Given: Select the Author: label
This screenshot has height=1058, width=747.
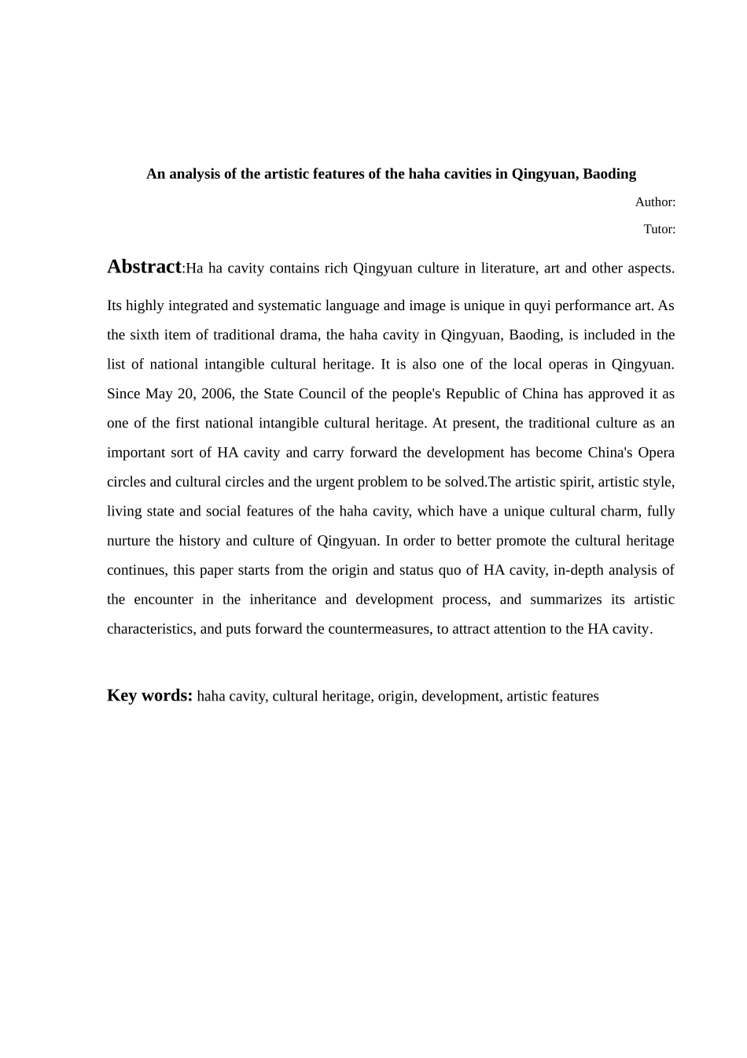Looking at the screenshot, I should [x=655, y=202].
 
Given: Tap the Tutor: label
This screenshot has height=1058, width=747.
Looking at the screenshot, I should [x=659, y=229].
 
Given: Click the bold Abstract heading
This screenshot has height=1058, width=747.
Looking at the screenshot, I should [x=144, y=267].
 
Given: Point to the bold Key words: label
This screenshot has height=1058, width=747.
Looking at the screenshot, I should [x=149, y=695].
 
